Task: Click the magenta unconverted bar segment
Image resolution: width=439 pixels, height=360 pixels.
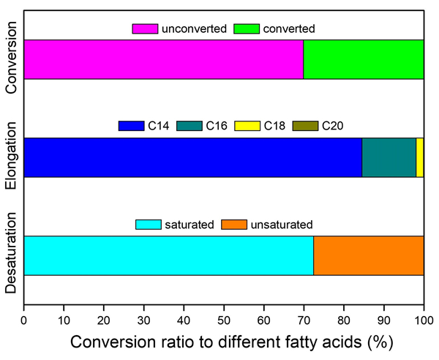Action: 164,59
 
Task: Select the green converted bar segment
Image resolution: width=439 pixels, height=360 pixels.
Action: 364,59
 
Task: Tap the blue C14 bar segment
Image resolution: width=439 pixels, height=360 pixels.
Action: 193,157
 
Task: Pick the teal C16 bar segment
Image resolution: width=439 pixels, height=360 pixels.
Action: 389,157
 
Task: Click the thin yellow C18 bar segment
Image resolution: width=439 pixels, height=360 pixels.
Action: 420,157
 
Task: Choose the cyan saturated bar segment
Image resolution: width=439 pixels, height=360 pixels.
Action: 169,255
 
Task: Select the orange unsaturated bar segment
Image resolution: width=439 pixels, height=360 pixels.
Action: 369,255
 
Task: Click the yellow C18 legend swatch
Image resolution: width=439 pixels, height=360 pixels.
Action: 246,127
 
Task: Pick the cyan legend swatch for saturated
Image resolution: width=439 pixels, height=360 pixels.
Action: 149,225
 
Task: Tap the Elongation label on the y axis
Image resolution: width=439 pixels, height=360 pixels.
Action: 11,158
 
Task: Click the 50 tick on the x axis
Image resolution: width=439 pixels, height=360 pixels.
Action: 224,320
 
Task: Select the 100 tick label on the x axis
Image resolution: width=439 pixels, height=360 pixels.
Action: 424,320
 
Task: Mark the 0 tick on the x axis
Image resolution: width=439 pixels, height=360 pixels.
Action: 24,320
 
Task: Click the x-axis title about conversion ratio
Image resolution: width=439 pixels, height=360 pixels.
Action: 224,342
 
